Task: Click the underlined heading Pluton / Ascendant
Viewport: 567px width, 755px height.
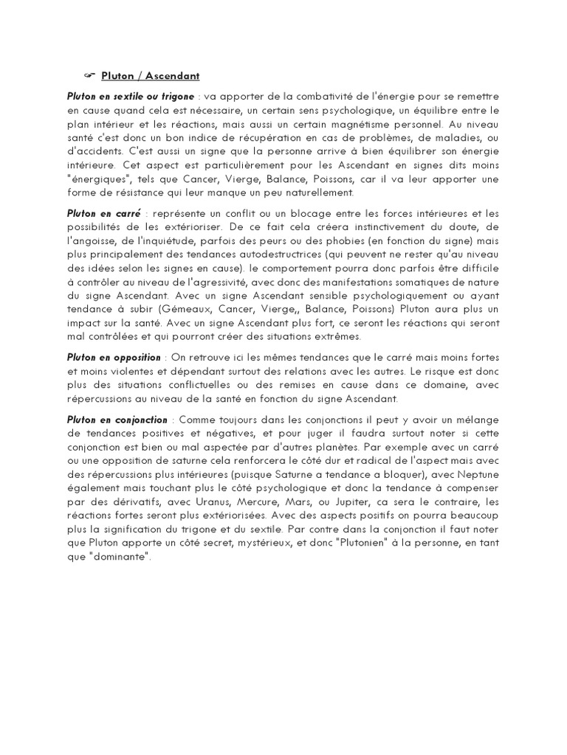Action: tap(151, 76)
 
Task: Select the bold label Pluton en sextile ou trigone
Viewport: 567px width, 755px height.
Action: tap(131, 97)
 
